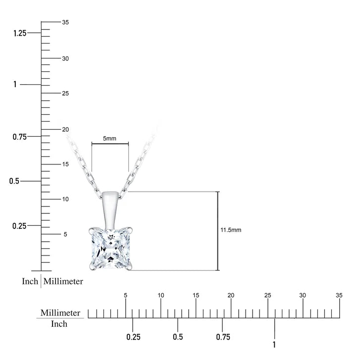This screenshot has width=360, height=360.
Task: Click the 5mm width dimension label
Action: tap(109, 139)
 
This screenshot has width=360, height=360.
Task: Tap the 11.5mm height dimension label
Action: tap(231, 230)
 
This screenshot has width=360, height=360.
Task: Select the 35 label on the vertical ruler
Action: tap(65, 22)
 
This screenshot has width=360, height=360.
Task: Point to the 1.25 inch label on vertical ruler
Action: tap(20, 33)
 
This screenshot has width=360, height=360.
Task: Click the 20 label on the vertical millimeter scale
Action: tap(65, 129)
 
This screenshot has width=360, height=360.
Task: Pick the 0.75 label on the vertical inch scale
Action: tap(19, 137)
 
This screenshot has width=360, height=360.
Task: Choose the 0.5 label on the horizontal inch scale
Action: tap(178, 337)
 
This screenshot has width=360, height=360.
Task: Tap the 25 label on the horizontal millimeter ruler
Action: tap(268, 295)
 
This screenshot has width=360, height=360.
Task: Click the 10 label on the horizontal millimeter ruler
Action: tap(161, 295)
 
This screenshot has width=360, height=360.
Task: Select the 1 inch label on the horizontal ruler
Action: tap(274, 345)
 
